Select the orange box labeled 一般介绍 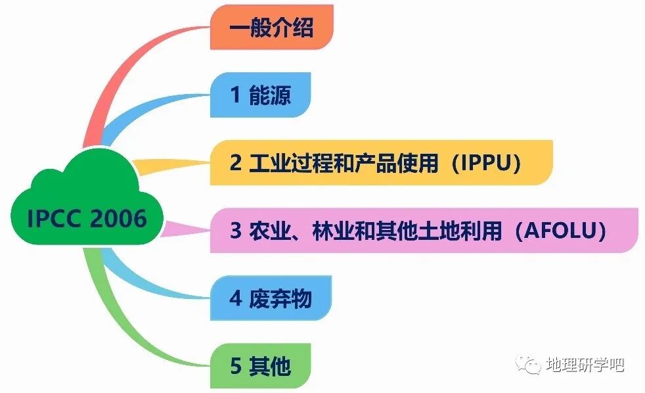click(271, 28)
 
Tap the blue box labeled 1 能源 click(260, 96)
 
